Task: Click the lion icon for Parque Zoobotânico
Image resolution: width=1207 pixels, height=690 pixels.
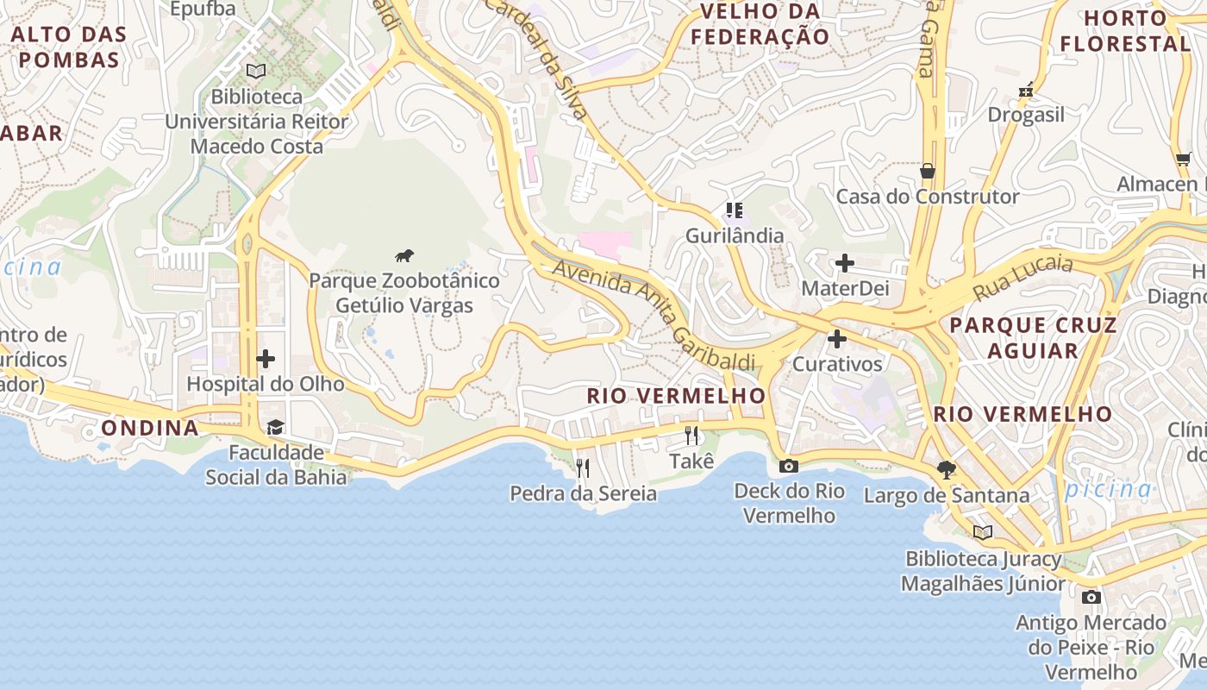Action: coord(404,255)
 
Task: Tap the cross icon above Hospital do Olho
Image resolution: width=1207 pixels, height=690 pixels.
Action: coord(266,358)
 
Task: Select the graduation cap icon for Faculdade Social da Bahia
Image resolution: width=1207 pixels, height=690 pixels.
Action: coord(275,427)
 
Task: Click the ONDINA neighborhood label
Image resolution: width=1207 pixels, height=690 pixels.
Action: coord(150,428)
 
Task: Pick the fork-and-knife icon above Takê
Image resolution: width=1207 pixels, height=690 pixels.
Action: coord(691,436)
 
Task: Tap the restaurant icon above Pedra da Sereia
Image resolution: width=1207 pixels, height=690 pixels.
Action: coord(583,468)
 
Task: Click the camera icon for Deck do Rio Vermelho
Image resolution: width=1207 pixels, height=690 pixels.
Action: coord(788,466)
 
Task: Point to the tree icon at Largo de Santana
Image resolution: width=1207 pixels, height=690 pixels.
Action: coord(947,470)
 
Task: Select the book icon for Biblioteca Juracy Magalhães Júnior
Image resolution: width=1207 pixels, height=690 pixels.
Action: coord(982,532)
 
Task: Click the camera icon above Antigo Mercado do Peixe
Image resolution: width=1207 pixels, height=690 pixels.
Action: coord(1091,597)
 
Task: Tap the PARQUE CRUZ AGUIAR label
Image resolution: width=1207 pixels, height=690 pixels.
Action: coord(1033,338)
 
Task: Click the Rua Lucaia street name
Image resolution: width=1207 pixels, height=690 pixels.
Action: coord(1023,277)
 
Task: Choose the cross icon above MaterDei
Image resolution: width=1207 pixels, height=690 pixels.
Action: coord(845,263)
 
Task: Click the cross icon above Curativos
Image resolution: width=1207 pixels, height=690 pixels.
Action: coord(836,339)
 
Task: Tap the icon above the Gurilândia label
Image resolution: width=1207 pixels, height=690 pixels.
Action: coord(735,210)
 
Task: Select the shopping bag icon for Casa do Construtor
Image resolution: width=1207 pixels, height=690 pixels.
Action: coord(928,171)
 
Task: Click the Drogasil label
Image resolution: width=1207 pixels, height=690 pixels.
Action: coord(1026,115)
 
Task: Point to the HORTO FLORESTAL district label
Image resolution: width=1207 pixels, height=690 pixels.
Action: coord(1125,30)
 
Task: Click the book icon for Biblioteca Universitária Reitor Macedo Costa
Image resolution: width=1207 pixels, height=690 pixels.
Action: coord(256,71)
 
